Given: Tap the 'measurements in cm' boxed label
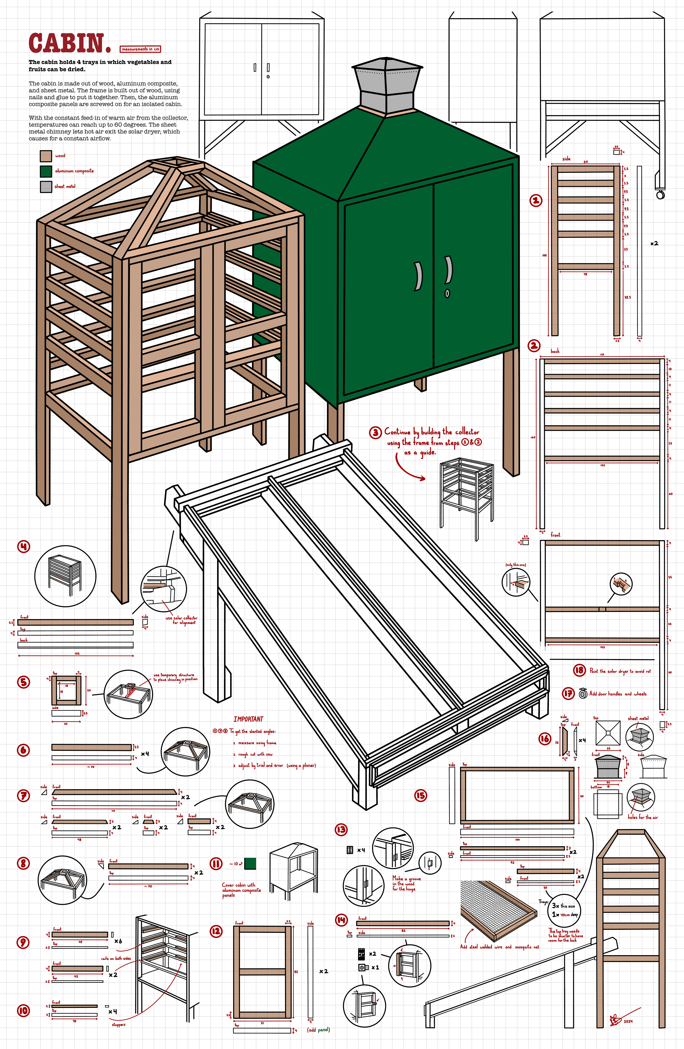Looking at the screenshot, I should click(x=140, y=49).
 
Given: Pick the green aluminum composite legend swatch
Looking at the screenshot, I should click(x=46, y=171).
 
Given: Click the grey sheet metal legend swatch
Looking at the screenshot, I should click(x=46, y=186).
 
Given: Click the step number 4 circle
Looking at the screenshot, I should click(x=23, y=546).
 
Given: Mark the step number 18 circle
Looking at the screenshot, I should click(x=579, y=670).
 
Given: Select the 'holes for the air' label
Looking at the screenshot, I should click(x=642, y=817).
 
